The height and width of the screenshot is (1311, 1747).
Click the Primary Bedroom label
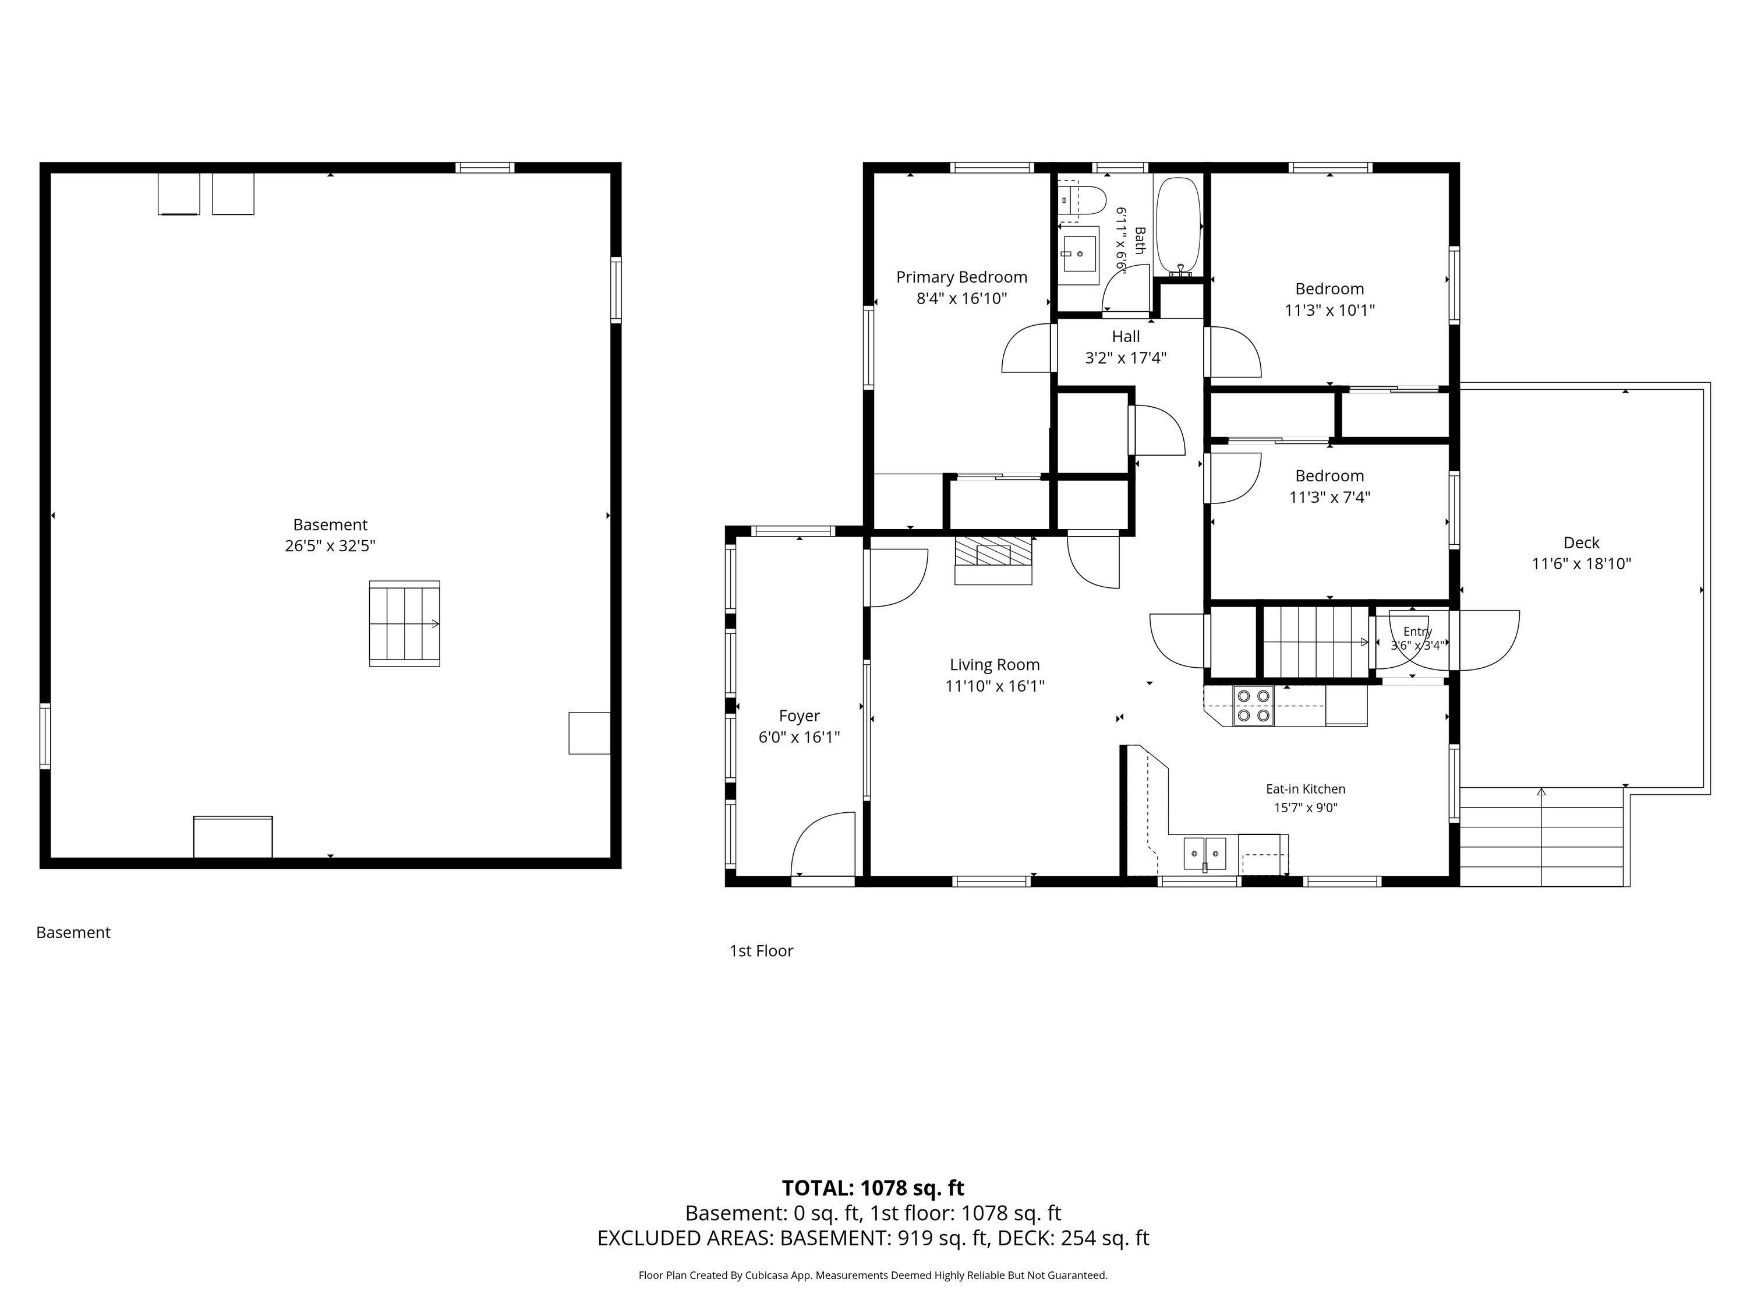961,277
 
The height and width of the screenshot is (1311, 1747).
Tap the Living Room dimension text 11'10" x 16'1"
995,686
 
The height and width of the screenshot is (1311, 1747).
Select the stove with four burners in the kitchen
1253,706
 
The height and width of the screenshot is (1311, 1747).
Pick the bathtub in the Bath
1179,226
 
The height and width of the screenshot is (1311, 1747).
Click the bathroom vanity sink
1078,255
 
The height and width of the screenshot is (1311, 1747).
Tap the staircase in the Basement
404,623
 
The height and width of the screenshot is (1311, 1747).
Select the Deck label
1581,543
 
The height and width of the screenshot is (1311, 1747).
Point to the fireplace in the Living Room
993,559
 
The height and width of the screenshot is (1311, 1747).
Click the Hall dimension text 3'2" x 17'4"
1126,358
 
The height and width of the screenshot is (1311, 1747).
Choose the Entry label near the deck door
1417,632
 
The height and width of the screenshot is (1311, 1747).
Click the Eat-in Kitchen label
1306,789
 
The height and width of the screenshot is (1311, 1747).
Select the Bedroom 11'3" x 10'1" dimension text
1329,311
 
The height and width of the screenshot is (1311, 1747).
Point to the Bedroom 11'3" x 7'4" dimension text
1329,497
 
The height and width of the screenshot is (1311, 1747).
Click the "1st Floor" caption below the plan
761,951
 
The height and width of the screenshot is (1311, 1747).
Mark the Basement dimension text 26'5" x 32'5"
330,546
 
